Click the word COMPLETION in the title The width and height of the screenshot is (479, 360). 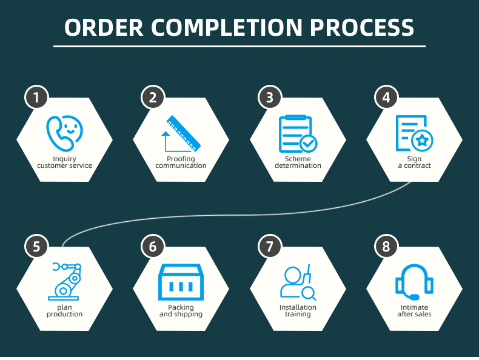[227, 28]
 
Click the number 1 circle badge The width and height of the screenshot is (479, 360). [36, 98]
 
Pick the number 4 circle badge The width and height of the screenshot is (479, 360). [386, 98]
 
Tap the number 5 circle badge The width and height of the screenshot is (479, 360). [36, 247]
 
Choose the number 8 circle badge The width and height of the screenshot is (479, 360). [386, 247]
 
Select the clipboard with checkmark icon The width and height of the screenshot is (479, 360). [298, 134]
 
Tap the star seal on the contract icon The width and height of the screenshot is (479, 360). [422, 141]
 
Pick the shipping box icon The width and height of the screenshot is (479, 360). [181, 282]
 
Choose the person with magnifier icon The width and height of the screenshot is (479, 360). [298, 282]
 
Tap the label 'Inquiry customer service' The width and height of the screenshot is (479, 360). [64, 162]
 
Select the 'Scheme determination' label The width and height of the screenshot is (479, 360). [298, 162]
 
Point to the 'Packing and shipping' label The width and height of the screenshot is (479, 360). [181, 311]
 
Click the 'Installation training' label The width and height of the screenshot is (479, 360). [298, 311]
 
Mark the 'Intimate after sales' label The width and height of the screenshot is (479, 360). [414, 311]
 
